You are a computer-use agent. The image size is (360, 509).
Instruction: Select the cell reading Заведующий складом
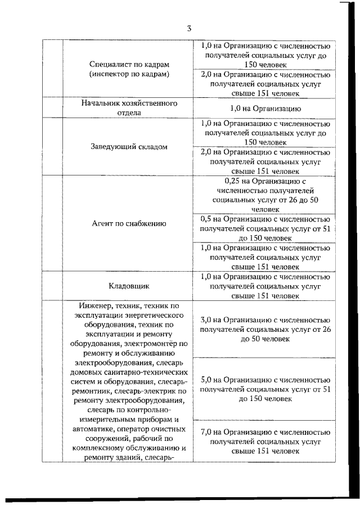129,146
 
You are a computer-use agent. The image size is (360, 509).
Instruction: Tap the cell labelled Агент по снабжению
129,223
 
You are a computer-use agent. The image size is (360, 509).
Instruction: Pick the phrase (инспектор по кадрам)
129,74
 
